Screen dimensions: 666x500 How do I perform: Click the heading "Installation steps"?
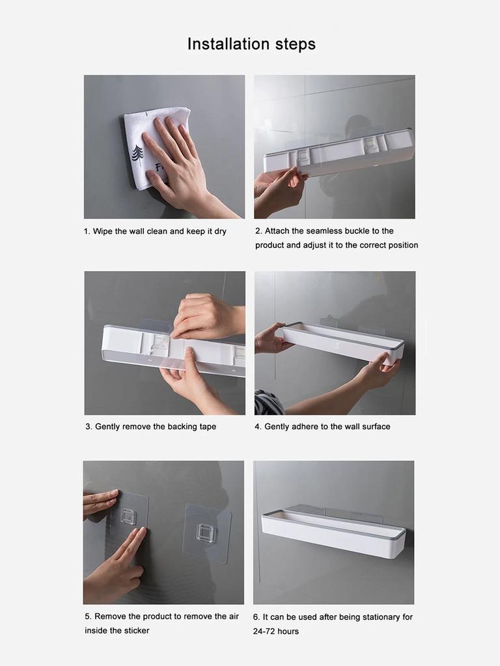251,44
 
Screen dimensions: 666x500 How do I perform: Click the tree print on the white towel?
137,154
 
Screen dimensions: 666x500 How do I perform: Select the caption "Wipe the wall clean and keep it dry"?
160,232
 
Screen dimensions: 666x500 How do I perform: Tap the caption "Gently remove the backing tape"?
155,427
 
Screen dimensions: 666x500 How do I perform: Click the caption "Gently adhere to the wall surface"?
327,427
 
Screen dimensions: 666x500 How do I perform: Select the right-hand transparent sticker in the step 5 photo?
207,533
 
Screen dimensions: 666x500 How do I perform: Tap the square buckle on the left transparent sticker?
128,516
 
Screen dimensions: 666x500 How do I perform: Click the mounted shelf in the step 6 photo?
333,532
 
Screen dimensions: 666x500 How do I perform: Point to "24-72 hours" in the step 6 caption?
276,632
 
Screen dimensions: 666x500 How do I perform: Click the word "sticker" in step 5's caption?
134,630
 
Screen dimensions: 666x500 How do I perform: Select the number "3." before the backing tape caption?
89,427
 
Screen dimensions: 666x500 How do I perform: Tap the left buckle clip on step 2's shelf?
304,157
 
